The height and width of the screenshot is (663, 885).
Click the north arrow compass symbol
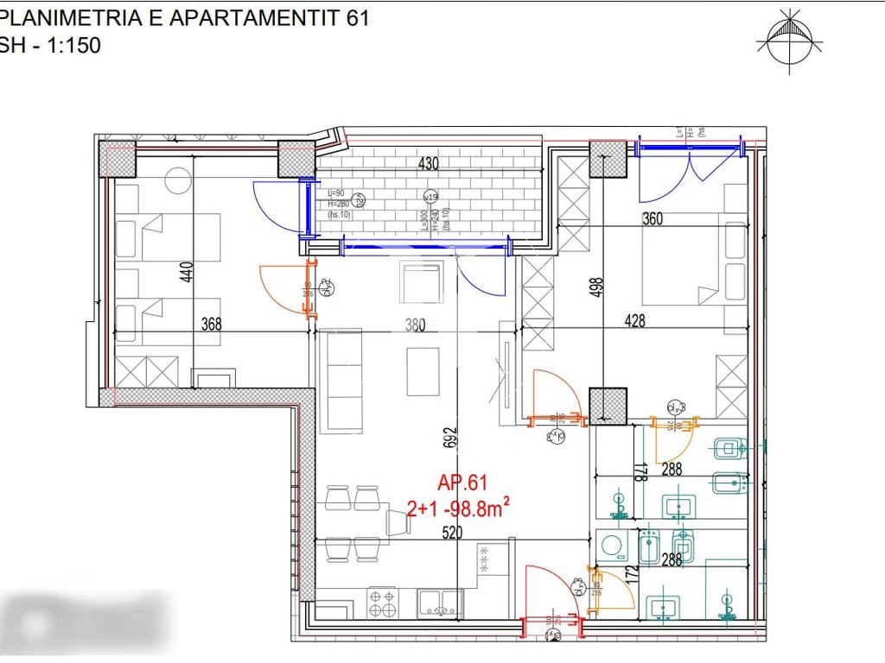click(790, 40)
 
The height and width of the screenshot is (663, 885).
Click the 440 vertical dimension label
click(183, 273)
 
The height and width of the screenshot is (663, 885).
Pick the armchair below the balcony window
click(422, 282)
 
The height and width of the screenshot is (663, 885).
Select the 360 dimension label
click(652, 218)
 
